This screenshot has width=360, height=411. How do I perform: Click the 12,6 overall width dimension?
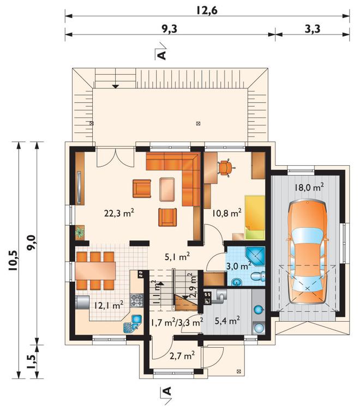tap(207, 10)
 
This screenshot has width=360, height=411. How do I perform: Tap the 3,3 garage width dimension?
tap(313, 28)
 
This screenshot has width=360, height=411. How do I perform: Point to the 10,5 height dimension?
tap(13, 261)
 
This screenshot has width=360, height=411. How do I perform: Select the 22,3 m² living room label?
tap(119, 213)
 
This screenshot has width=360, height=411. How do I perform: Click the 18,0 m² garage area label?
tap(309, 188)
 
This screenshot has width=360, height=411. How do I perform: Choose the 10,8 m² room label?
tap(227, 213)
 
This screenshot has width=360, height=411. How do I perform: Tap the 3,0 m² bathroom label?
tap(238, 266)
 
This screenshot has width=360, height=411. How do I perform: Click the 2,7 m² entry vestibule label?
tap(182, 356)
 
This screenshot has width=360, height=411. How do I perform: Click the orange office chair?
tap(225, 168)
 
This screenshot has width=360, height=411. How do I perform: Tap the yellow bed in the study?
tap(254, 217)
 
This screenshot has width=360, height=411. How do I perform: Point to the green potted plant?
tap(80, 232)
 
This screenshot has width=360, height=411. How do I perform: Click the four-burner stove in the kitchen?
tap(137, 300)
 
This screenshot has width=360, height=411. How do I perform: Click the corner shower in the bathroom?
tap(255, 255)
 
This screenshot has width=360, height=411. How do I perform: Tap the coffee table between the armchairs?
tap(167, 189)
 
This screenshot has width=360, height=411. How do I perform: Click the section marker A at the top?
tap(163, 55)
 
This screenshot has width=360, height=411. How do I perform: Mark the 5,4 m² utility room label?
tap(227, 321)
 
